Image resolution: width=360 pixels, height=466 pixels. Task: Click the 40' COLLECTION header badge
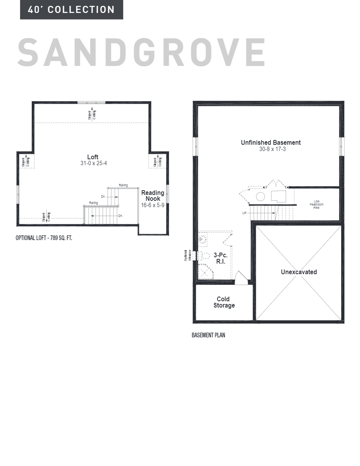point(71,10)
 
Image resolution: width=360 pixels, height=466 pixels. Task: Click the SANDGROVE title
point(141,53)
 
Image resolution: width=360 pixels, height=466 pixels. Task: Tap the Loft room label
point(93,157)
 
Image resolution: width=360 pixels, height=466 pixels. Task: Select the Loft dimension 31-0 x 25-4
point(93,163)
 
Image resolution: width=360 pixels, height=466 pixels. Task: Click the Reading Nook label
point(153,196)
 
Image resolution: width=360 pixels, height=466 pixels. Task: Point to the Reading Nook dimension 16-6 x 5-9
point(153,205)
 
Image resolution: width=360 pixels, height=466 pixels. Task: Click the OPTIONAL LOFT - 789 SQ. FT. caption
point(44,238)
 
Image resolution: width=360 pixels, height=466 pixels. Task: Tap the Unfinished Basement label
point(271,143)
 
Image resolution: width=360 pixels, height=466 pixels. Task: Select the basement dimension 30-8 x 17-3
point(271,149)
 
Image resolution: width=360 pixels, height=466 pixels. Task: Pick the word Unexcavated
point(299,272)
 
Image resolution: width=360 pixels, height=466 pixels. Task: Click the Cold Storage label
point(224,302)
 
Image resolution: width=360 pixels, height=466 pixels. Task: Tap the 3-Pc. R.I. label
point(220,258)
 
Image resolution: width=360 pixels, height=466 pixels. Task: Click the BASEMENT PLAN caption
point(208,335)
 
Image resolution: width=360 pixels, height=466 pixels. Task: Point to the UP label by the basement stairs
point(244,213)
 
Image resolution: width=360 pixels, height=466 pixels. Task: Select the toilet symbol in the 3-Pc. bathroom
point(204,257)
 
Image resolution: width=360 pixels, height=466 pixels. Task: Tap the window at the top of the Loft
point(91,102)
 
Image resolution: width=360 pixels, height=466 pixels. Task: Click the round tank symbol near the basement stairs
point(260,197)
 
